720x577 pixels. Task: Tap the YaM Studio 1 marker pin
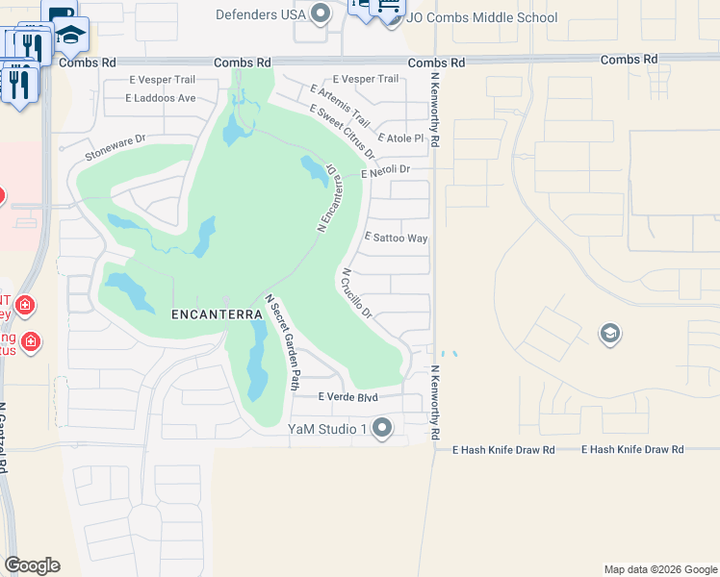click(382, 428)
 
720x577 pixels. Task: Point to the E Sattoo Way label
click(396, 238)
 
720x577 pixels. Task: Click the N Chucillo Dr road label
click(356, 294)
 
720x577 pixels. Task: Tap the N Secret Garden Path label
click(283, 342)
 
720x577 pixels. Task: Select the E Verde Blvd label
click(347, 397)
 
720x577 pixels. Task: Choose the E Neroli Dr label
click(385, 171)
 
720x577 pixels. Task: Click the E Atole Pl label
click(401, 138)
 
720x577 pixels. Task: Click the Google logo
click(32, 565)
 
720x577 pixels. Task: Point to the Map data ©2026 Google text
click(659, 569)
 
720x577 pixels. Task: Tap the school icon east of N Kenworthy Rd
click(608, 334)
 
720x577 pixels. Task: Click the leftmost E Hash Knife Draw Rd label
click(503, 449)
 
